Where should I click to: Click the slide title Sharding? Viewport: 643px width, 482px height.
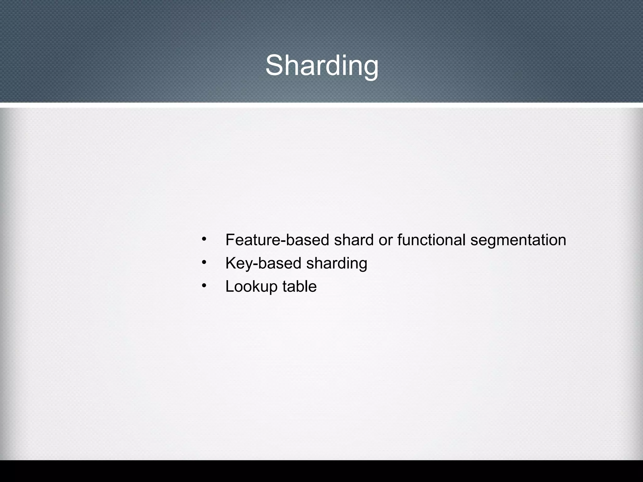[x=322, y=65]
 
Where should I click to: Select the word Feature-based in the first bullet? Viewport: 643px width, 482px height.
[x=277, y=240]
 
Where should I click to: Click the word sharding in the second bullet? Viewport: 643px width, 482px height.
[x=337, y=263]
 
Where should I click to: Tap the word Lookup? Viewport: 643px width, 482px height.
[x=251, y=287]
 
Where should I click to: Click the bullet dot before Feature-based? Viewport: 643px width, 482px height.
[x=204, y=239]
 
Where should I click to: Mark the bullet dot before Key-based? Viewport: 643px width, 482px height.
[x=204, y=262]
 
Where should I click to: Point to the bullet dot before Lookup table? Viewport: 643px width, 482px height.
[x=204, y=285]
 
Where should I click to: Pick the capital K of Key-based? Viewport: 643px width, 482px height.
[x=231, y=263]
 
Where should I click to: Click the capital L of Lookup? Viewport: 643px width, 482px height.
[x=230, y=287]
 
